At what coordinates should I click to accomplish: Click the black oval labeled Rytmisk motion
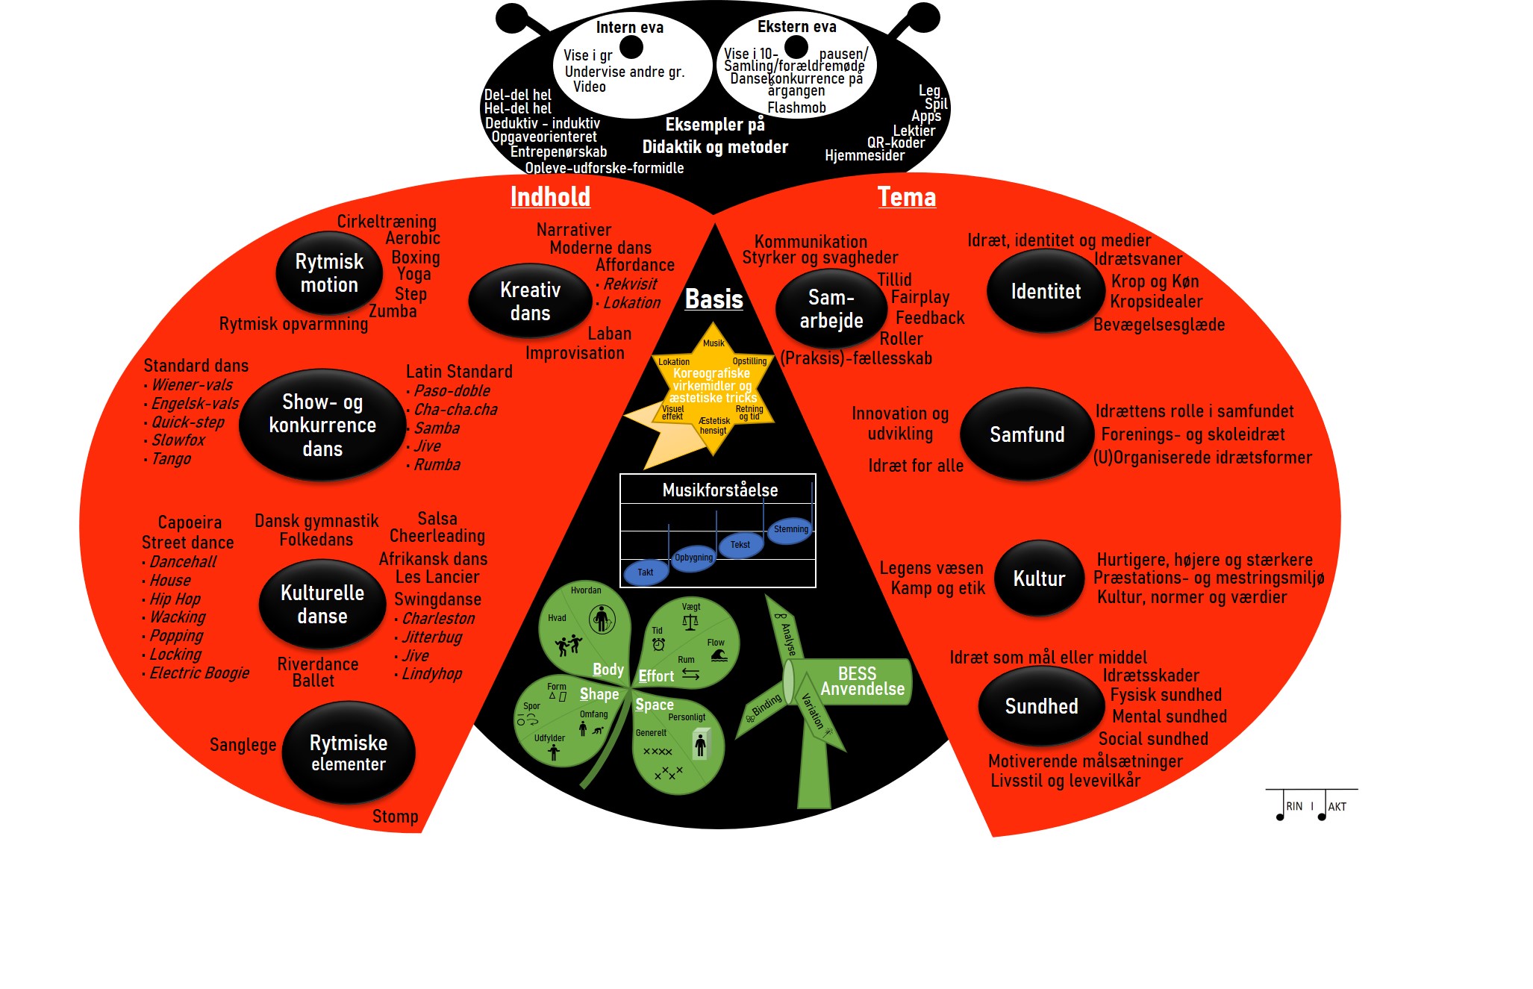click(329, 273)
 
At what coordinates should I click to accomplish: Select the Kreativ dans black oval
click(530, 301)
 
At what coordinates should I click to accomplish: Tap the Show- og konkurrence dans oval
click(322, 425)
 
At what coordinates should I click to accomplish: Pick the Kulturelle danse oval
click(322, 604)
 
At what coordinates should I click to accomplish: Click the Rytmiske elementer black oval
click(348, 752)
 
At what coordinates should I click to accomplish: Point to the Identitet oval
click(1045, 291)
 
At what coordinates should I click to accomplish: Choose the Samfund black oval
click(1027, 434)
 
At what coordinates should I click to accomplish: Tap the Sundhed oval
click(1041, 706)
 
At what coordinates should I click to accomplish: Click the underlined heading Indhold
click(550, 196)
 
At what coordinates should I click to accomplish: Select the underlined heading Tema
click(906, 196)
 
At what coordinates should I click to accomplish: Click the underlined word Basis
click(714, 299)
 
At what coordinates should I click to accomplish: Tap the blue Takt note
click(645, 573)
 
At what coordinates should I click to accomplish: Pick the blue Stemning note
click(790, 529)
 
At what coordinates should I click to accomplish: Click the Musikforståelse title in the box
click(719, 490)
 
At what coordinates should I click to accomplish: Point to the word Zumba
click(393, 311)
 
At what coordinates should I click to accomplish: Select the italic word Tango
click(171, 459)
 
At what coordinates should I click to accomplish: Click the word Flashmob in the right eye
click(796, 107)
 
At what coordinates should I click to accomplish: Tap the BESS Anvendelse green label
click(861, 681)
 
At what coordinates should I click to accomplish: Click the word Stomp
click(395, 816)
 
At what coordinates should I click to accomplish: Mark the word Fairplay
click(920, 297)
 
